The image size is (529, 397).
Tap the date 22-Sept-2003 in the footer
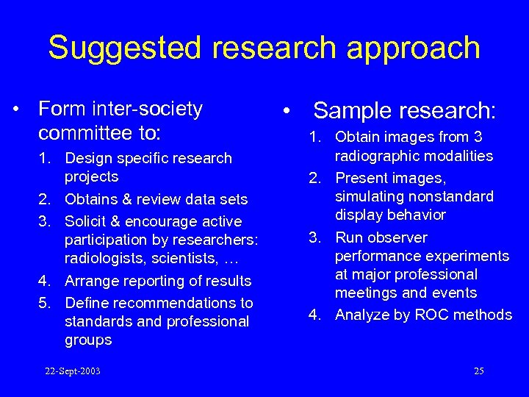click(x=73, y=371)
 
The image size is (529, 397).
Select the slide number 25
click(x=478, y=371)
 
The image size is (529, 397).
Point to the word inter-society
click(x=148, y=110)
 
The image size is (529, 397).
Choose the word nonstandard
click(x=451, y=196)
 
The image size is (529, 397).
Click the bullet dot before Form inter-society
click(x=15, y=110)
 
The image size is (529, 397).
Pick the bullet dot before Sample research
click(x=291, y=112)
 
